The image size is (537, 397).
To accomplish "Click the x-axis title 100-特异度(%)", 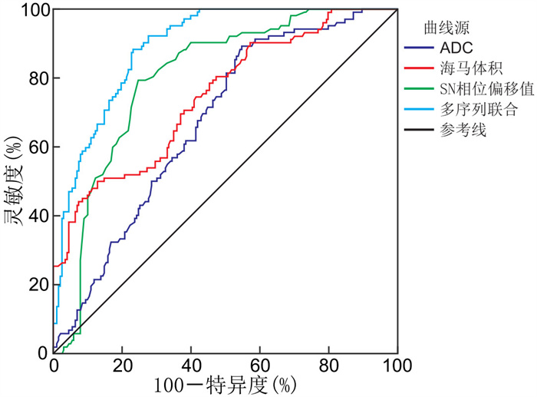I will [x=225, y=382].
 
